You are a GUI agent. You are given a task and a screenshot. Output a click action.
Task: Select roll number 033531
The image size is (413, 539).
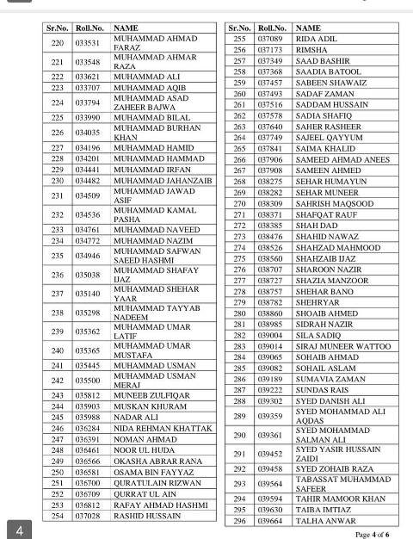(x=88, y=42)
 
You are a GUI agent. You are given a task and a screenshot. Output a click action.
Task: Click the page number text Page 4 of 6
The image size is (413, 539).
(x=375, y=533)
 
